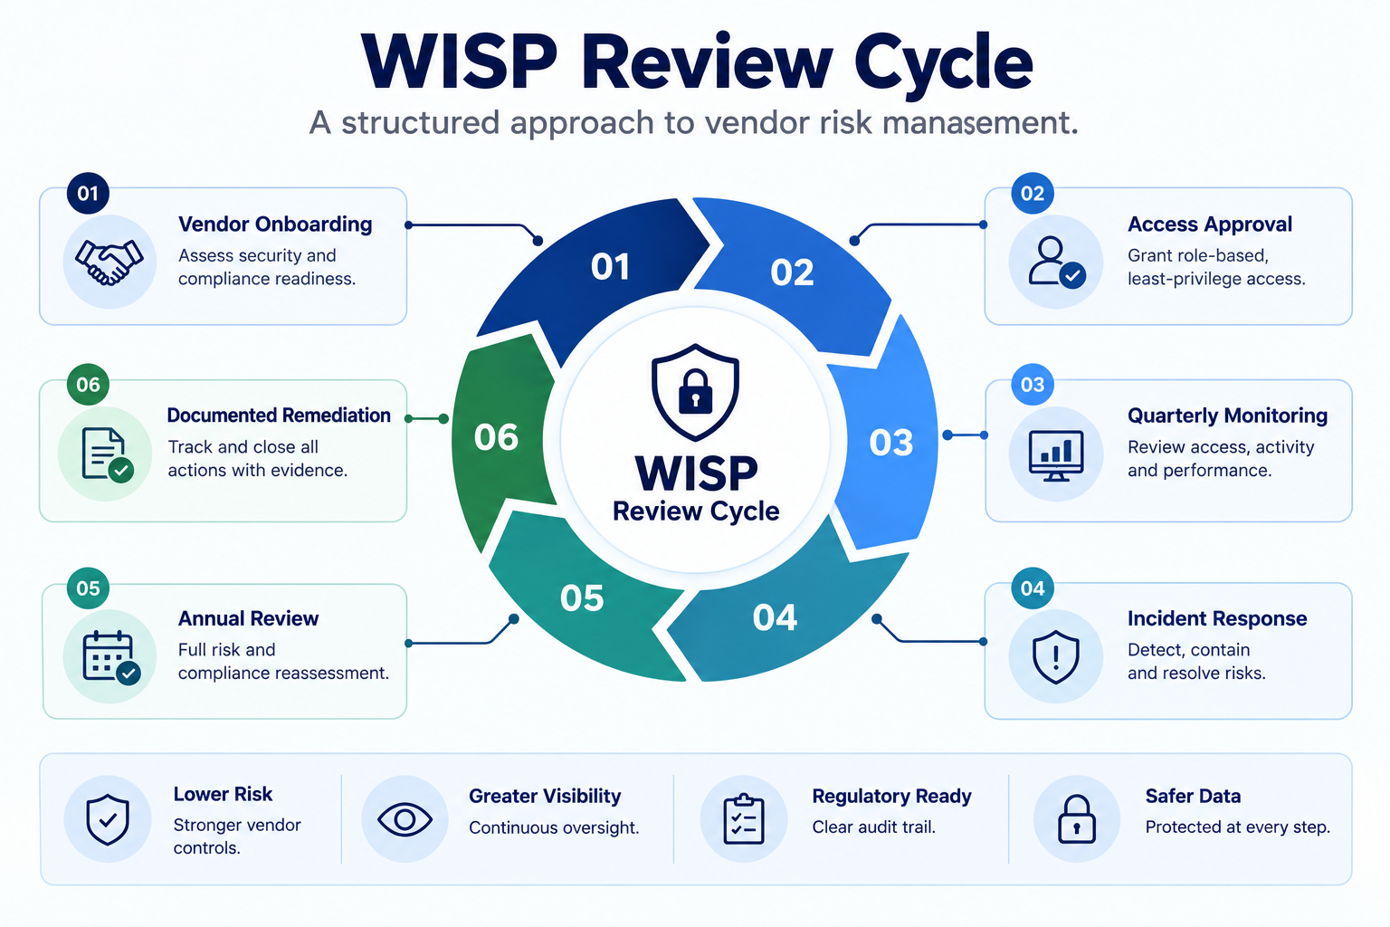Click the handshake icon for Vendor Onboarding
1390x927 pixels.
[x=109, y=262]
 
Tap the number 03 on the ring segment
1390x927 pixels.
[x=891, y=443]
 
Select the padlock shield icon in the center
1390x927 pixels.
[x=695, y=392]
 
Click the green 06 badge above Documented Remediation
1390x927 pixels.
[x=88, y=385]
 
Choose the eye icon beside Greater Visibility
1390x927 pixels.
[x=405, y=819]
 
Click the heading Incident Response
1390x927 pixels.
[x=1217, y=618]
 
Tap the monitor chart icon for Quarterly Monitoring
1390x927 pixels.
[x=1055, y=455]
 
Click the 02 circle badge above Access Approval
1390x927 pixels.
[x=1033, y=193]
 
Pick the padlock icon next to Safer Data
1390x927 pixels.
[x=1076, y=819]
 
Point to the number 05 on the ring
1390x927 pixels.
[x=582, y=597]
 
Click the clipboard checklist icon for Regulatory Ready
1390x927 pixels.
[x=743, y=819]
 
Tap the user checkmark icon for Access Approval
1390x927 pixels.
[x=1056, y=262]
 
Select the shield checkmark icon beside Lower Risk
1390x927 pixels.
[x=108, y=819]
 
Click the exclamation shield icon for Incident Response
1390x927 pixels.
[x=1055, y=657]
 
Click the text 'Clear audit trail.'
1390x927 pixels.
[x=873, y=827]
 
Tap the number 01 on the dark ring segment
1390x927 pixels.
[x=610, y=267]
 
